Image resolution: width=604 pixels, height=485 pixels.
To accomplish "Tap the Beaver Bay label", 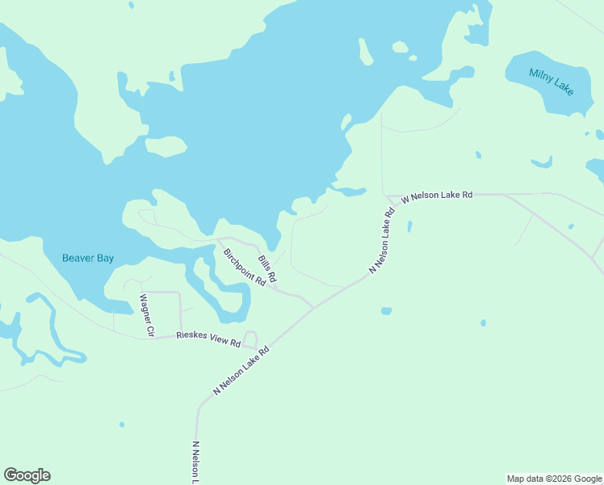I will (x=88, y=259).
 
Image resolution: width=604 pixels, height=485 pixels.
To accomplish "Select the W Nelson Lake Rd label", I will (x=436, y=196).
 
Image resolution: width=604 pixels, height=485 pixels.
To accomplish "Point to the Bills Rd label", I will (x=267, y=269).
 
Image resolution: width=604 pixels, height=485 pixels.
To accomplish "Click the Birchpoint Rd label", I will (x=245, y=268).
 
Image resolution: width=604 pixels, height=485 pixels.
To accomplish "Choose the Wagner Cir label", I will (x=146, y=314).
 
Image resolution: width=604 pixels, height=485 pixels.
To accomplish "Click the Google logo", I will (x=27, y=475).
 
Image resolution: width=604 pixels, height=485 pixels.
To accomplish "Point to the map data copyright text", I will (x=554, y=479).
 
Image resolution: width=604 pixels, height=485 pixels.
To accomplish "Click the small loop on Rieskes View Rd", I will (x=250, y=339).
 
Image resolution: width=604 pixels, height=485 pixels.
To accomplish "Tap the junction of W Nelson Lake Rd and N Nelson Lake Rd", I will (x=386, y=196).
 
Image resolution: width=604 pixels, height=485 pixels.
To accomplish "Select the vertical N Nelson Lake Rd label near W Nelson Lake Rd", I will (x=381, y=241).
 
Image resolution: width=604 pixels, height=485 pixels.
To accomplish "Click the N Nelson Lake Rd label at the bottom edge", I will (x=195, y=462).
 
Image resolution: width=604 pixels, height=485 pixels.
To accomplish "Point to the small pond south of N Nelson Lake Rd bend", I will (x=386, y=310).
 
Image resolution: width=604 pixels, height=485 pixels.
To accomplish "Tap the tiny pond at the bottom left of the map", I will (x=122, y=424).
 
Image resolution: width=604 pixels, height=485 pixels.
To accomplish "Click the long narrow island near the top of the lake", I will (x=365, y=52).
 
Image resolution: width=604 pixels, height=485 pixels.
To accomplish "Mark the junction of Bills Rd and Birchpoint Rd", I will (x=275, y=289).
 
